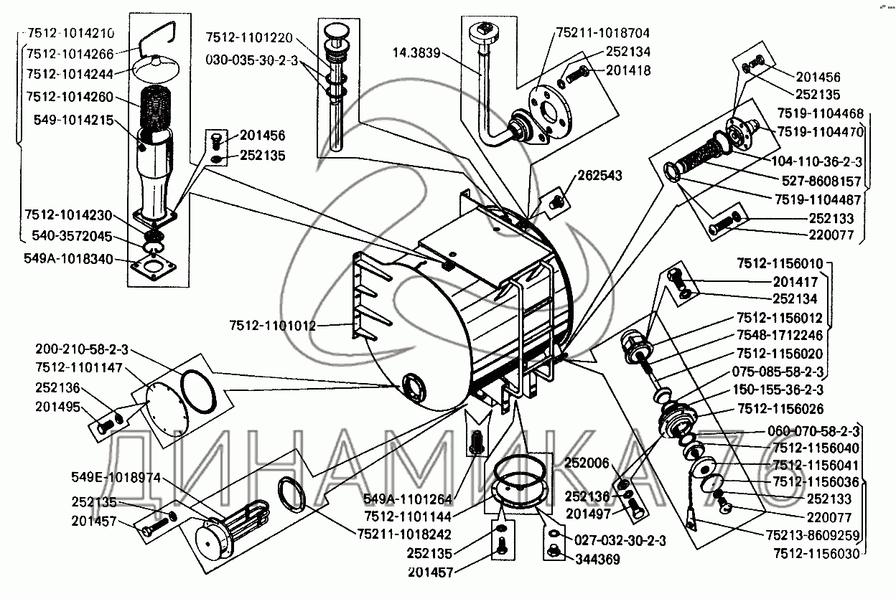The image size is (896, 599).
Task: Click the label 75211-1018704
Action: click(x=603, y=32)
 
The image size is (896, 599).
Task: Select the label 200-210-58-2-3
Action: click(x=81, y=349)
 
